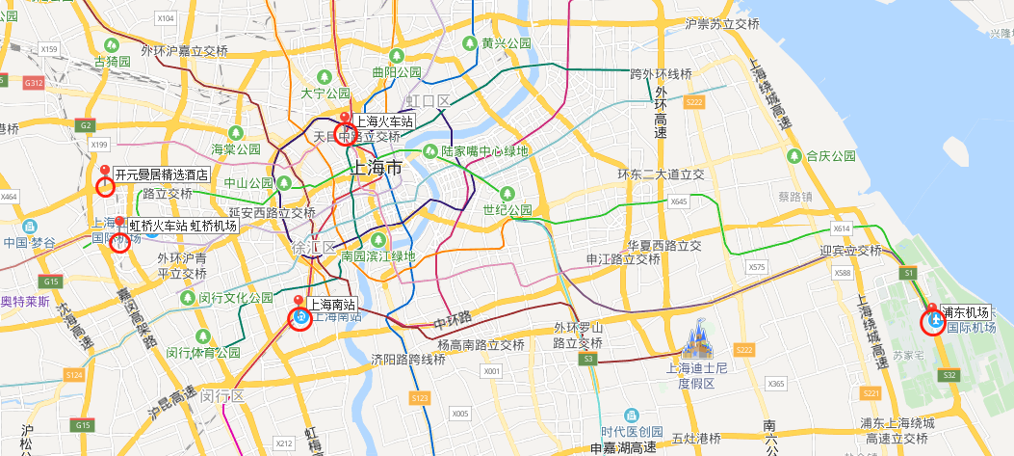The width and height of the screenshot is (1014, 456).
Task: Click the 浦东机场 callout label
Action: tap(966, 312)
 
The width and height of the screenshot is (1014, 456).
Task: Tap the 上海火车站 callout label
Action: tap(383, 121)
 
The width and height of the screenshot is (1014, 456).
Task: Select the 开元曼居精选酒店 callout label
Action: tap(162, 174)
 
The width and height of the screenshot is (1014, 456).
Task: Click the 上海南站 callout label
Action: tap(331, 304)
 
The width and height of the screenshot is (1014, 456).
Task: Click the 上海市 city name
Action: tap(376, 168)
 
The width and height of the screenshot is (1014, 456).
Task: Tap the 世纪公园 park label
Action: tap(507, 209)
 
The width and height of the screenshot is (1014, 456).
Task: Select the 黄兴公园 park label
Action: tap(507, 43)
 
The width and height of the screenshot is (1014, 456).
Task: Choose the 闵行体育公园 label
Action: tap(203, 352)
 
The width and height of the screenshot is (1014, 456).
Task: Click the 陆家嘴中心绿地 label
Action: tap(484, 151)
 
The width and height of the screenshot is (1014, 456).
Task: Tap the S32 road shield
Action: tap(949, 374)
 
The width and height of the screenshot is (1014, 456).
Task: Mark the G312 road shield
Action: tap(35, 84)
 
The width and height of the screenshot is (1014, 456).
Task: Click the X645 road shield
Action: tap(679, 202)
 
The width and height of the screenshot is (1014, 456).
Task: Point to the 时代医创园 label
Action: tap(632, 431)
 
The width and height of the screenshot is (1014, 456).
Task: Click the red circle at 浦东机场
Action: tap(933, 322)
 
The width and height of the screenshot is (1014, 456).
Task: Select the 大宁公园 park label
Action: tap(325, 94)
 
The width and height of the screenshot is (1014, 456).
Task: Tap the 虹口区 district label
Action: tap(428, 101)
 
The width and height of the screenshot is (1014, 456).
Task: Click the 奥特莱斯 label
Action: tap(25, 301)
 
